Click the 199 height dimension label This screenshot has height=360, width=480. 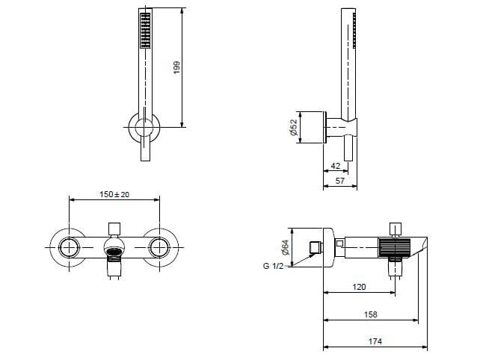pos(176,68)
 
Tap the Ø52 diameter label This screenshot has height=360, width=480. pos(293,127)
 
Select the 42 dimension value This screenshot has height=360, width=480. pos(336,166)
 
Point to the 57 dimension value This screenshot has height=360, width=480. pos(339,181)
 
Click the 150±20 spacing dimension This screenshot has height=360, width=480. pos(114,194)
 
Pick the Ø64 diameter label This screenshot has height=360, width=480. pos(285,247)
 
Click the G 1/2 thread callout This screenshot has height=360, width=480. pos(273,266)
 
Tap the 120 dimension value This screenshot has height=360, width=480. pos(359,287)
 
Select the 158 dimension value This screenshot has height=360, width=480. pos(370,314)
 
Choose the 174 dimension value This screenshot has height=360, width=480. pos(375,341)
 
